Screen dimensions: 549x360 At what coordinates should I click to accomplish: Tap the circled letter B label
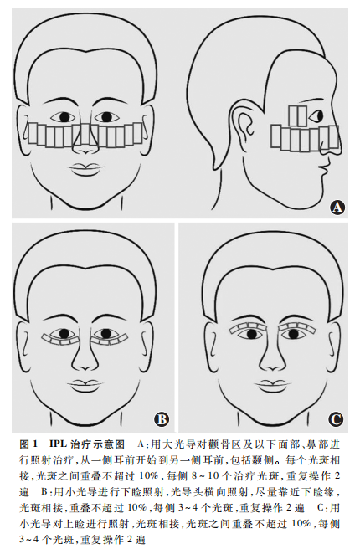tap(162, 419)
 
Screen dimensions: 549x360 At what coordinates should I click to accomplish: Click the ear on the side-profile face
tap(245, 131)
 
